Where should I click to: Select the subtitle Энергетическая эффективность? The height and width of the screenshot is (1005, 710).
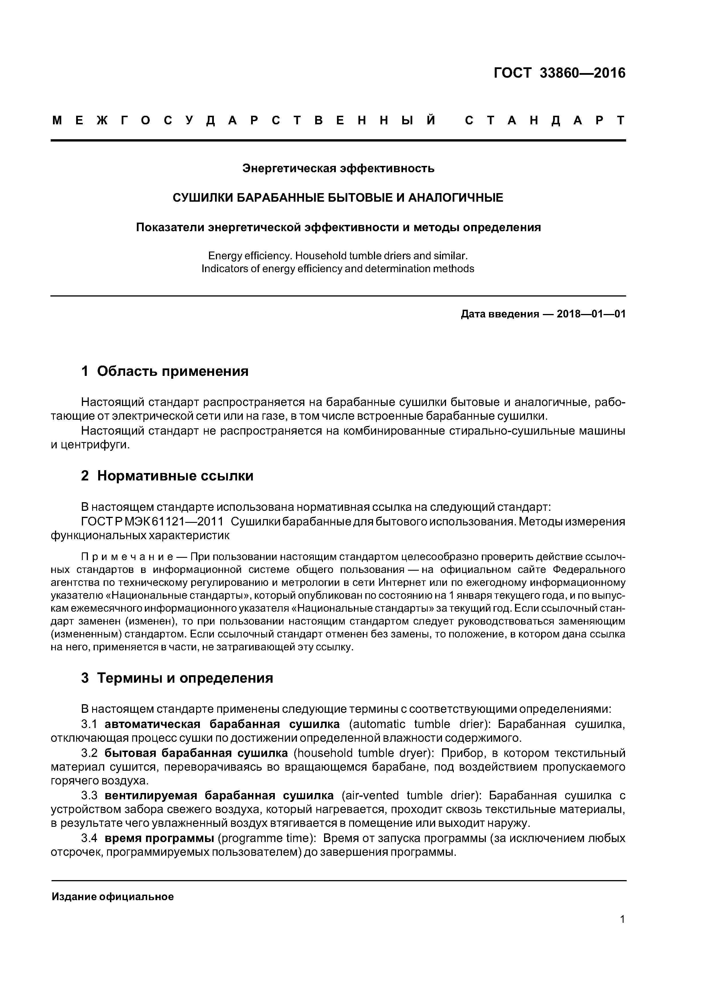[338, 168]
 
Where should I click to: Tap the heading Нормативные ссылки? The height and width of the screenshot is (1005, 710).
[175, 476]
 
